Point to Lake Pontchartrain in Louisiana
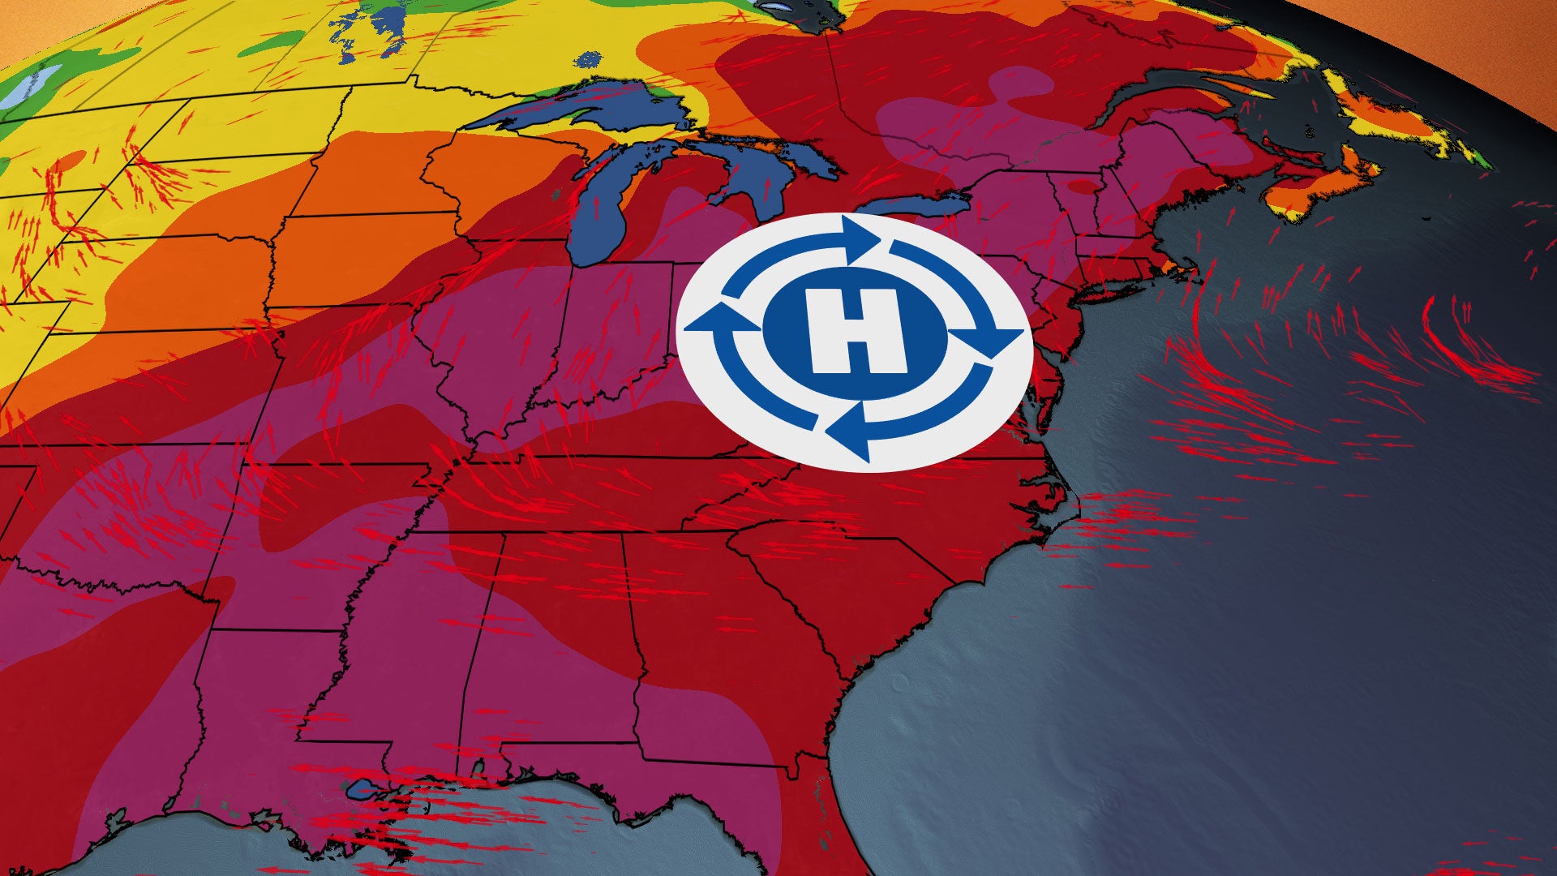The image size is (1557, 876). click(x=361, y=788)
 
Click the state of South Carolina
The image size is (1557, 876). click(x=860, y=568)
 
